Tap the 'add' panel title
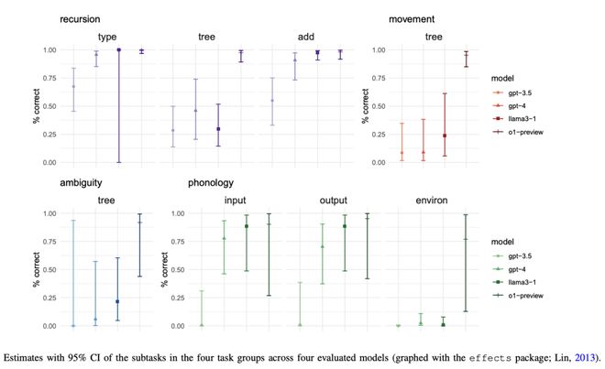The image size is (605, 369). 306,37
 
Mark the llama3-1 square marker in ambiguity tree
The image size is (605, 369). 118,301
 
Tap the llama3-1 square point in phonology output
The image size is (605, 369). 344,226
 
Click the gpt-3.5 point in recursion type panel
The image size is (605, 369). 73,87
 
